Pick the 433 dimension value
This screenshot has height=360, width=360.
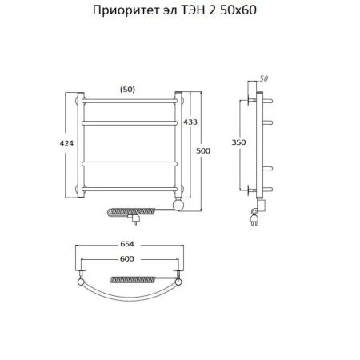click(x=191, y=122)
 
